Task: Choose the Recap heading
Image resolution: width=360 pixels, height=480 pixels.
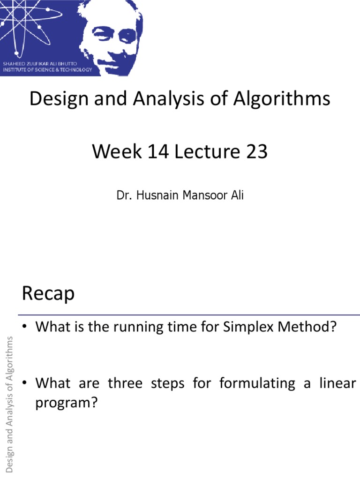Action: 48,294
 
